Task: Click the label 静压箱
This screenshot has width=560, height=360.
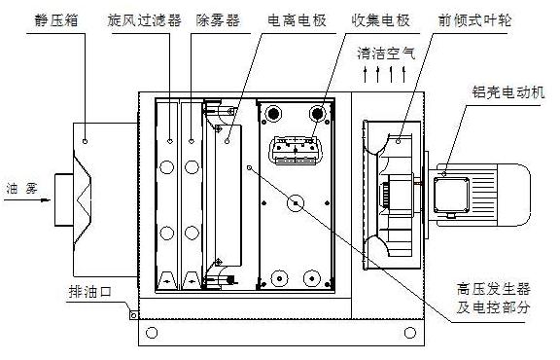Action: pos(56,20)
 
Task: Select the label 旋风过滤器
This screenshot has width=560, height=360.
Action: pos(144,20)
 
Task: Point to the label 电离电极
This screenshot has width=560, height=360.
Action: pos(297,20)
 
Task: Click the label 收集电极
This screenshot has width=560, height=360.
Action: pos(380,20)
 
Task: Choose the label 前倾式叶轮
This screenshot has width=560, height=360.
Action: pos(474,20)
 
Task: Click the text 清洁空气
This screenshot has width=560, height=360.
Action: pos(386,54)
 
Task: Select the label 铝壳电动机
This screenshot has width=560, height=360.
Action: pos(508,92)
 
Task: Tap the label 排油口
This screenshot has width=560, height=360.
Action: pos(90,292)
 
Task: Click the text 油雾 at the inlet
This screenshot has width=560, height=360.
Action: pos(22,189)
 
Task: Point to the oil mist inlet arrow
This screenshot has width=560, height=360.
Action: pos(27,200)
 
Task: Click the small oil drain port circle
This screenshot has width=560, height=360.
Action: pos(133,315)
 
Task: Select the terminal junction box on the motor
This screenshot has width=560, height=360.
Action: pos(451,196)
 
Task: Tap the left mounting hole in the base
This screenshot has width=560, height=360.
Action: pos(152,333)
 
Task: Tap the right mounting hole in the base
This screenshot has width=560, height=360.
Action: pos(410,333)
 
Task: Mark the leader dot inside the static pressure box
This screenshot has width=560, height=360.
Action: pos(85,142)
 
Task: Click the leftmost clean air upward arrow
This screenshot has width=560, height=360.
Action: pos(365,74)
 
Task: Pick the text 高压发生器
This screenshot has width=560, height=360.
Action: pos(493,289)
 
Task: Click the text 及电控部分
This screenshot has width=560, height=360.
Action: pos(493,307)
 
